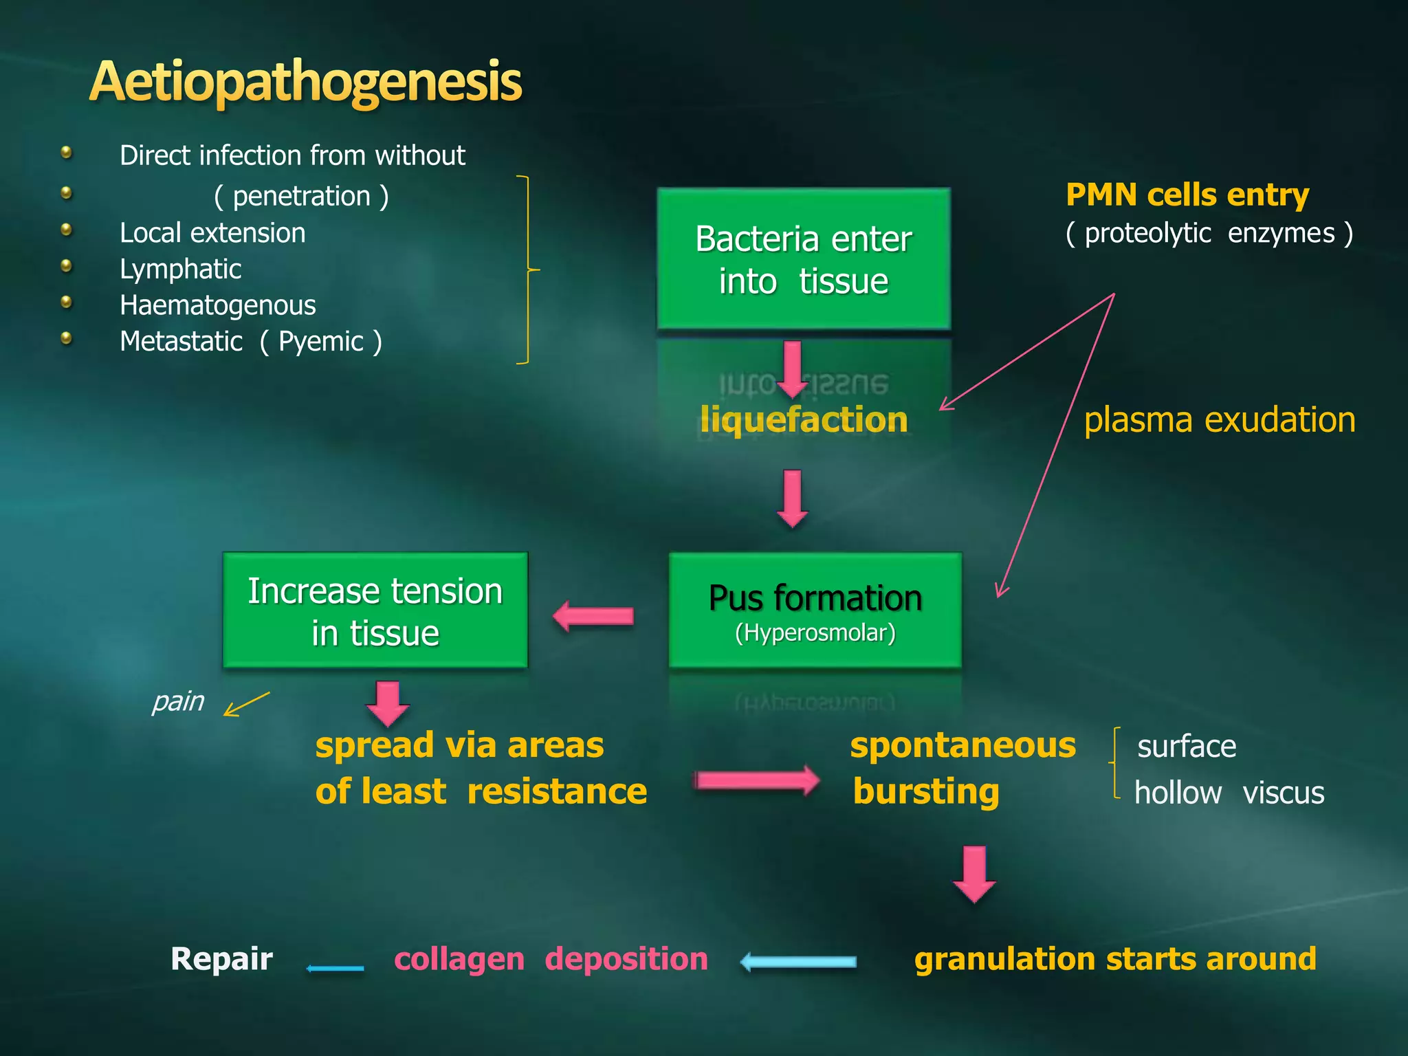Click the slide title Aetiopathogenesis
[306, 81]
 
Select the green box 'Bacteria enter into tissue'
[804, 259]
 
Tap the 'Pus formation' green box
[815, 610]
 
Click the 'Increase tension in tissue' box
[375, 610]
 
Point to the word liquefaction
[804, 419]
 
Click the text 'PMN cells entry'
[1187, 195]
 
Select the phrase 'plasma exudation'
[1220, 419]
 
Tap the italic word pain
[178, 701]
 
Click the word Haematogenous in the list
[218, 305]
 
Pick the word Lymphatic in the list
[180, 269]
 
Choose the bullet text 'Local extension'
[212, 233]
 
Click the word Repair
[221, 958]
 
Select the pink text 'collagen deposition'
[551, 958]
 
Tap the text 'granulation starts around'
[1115, 958]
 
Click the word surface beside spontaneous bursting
[1187, 747]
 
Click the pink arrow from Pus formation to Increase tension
[593, 616]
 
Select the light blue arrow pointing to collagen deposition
[799, 962]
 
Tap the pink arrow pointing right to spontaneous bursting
[757, 780]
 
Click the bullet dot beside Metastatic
[67, 338]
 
